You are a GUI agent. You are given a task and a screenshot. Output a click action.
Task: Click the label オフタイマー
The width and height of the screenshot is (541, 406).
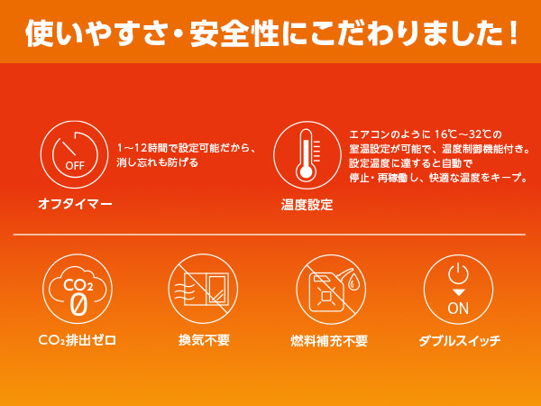[75, 204]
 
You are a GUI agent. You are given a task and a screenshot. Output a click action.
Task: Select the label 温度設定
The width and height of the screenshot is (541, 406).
[307, 205]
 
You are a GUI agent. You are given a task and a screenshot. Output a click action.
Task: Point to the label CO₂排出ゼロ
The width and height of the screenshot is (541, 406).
[78, 340]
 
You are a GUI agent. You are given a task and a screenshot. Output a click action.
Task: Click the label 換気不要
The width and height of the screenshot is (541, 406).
[204, 340]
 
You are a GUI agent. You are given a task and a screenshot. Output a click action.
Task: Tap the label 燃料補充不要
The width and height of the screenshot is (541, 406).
[329, 341]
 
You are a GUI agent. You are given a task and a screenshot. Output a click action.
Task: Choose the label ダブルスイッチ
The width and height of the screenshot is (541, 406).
[460, 341]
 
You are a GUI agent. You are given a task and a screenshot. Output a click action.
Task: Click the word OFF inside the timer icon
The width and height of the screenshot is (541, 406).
[75, 166]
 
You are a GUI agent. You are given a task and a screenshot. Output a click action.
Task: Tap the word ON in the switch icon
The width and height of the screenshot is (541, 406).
[458, 308]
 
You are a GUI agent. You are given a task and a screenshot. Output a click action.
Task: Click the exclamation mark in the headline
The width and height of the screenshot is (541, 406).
[513, 32]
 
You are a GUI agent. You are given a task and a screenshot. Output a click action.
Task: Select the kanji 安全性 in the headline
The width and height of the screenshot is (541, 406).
[234, 32]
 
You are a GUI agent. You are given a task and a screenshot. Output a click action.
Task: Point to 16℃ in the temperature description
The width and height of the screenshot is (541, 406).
[445, 134]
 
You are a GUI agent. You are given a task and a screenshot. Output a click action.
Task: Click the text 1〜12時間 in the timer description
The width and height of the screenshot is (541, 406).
[142, 148]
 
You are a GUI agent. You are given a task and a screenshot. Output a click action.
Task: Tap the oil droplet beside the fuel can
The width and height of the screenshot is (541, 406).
[353, 282]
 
